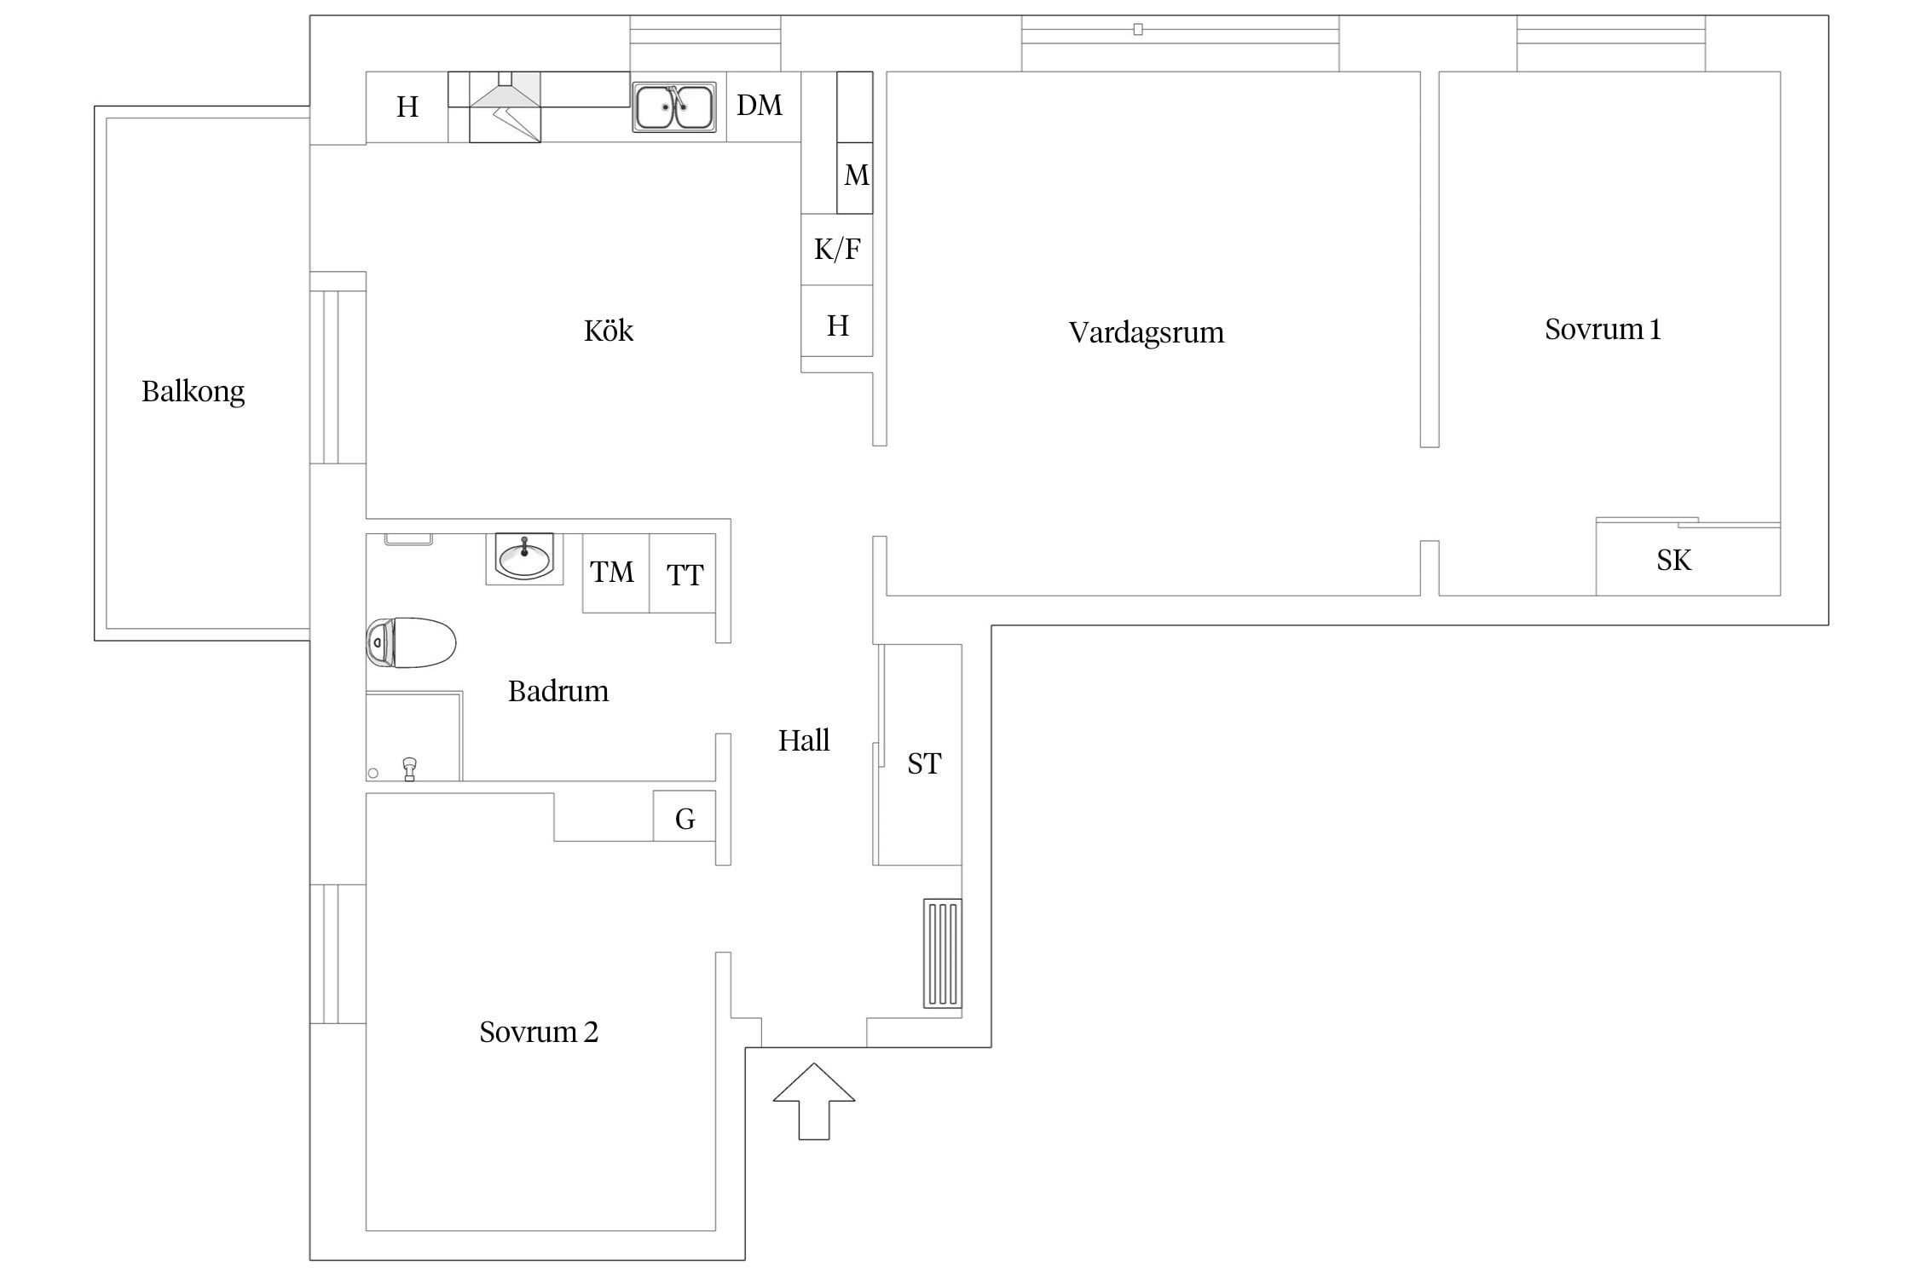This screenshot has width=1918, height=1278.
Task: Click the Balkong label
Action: pyautogui.click(x=193, y=392)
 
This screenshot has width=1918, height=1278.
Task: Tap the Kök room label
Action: pyautogui.click(x=609, y=331)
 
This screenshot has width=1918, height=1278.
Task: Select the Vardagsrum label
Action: pyautogui.click(x=1147, y=333)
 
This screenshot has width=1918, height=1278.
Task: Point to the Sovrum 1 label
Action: pyautogui.click(x=1603, y=330)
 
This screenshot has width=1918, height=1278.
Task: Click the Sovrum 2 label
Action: pyautogui.click(x=539, y=1033)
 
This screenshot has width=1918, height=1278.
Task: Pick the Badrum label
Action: pyautogui.click(x=558, y=691)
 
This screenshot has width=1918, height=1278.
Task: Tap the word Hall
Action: pyautogui.click(x=804, y=740)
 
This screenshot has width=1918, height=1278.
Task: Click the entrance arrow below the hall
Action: pyautogui.click(x=814, y=1101)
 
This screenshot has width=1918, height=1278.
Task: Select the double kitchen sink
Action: pyautogui.click(x=673, y=107)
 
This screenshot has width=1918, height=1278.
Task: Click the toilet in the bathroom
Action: pyautogui.click(x=411, y=642)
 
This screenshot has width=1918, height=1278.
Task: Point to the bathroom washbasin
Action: pyautogui.click(x=524, y=559)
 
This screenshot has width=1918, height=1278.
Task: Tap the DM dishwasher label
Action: pyautogui.click(x=760, y=106)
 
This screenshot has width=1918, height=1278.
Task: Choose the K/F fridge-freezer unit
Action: pyautogui.click(x=837, y=250)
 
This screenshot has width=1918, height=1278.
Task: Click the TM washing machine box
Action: pyautogui.click(x=615, y=573)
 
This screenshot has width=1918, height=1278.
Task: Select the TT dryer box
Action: pyautogui.click(x=682, y=573)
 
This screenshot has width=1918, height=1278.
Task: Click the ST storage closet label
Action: pyautogui.click(x=925, y=764)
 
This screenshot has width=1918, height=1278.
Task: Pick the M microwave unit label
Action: pyautogui.click(x=857, y=176)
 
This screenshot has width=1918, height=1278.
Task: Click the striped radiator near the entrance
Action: pyautogui.click(x=943, y=953)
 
